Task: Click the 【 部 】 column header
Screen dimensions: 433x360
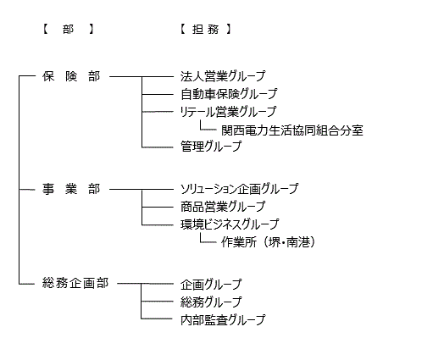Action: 68,29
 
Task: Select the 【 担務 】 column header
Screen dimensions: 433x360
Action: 206,29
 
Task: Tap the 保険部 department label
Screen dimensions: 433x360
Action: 71,76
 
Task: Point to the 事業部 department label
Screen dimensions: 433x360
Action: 71,189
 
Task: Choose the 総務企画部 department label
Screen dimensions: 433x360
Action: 75,283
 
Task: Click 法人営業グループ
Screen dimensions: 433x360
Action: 223,76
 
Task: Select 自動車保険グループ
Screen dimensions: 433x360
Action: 229,94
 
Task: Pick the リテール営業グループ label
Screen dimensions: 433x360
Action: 228,112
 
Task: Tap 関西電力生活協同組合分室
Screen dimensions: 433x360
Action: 292,130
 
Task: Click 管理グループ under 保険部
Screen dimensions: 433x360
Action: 211,147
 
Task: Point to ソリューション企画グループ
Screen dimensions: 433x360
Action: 240,189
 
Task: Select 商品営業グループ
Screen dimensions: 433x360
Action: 223,207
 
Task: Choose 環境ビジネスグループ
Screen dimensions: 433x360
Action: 230,224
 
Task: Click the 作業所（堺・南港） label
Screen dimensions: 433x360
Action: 268,242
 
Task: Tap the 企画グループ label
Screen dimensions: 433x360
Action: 211,285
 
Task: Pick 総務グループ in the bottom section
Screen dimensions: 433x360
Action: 211,302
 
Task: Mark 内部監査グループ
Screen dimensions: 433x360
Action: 223,320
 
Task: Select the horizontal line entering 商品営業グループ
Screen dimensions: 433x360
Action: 158,207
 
